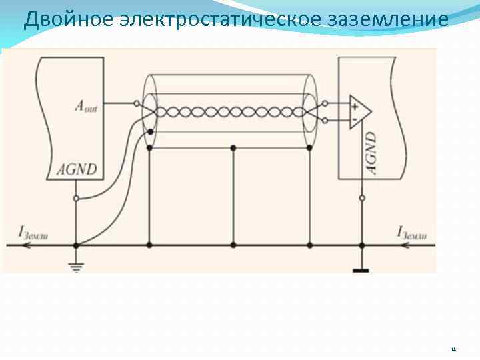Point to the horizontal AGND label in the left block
[x=77, y=169]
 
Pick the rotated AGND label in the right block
[x=371, y=153]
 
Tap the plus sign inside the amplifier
[x=355, y=105]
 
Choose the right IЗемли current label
[x=412, y=233]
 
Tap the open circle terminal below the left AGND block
[x=76, y=199]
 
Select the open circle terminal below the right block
[x=362, y=198]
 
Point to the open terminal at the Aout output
[x=137, y=104]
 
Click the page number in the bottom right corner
[x=454, y=349]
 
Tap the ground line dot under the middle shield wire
[x=233, y=245]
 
